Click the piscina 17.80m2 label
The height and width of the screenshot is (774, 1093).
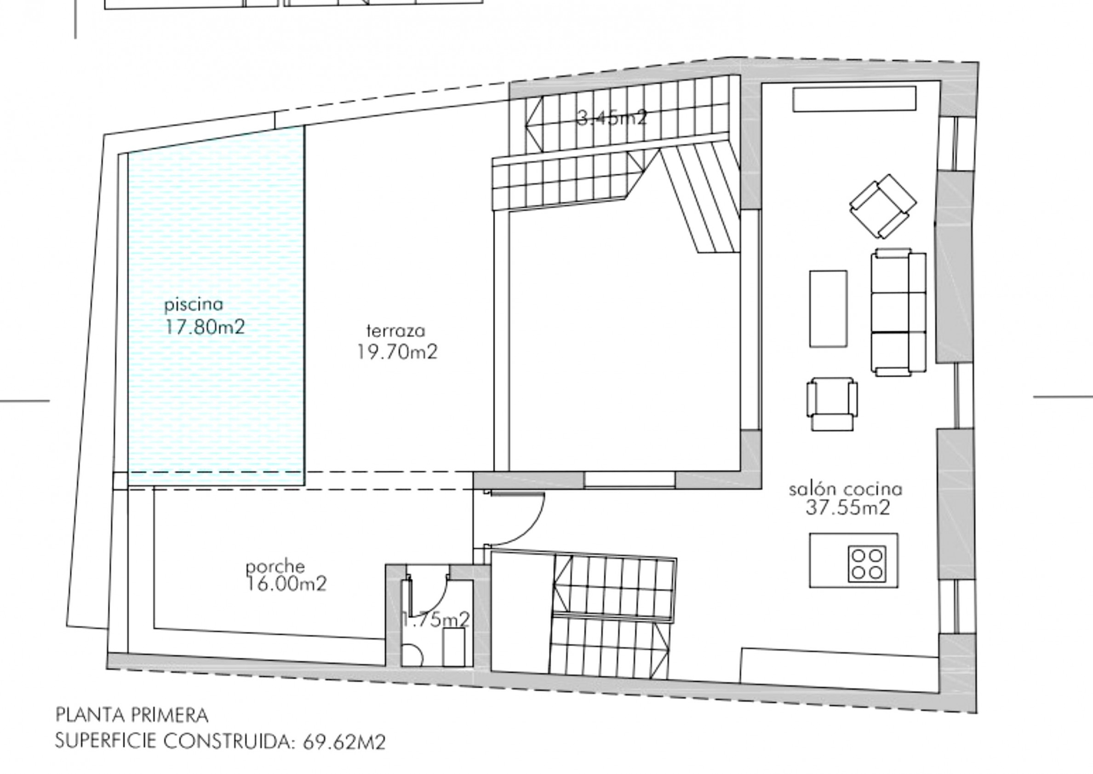coord(204,317)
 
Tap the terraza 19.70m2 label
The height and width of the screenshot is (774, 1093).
coord(396,342)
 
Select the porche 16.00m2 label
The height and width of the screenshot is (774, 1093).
coord(286,575)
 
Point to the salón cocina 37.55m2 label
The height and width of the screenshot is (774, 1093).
coord(846,498)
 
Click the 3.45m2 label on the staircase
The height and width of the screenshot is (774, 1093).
coord(612,118)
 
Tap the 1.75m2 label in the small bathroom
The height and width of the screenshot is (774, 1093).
coord(435,619)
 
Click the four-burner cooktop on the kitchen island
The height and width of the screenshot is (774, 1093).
coord(867,563)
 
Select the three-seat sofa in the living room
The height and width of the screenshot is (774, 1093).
coord(898,312)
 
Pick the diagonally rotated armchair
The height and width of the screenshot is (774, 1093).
coord(882,206)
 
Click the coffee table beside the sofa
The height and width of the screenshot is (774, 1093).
coord(828,308)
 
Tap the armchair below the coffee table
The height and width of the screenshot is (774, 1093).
coord(831,404)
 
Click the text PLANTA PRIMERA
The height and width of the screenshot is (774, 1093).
coord(132,715)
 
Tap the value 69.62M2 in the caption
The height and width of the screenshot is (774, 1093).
coord(344,743)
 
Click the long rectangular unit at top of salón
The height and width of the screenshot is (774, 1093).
coord(854,98)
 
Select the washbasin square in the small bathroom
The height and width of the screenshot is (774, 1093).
coord(453,647)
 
